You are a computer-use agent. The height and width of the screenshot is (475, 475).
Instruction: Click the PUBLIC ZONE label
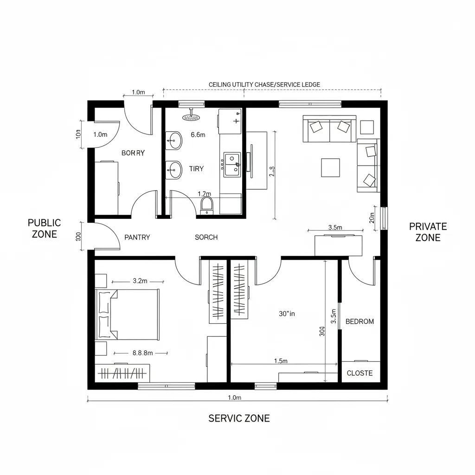coord(44,228)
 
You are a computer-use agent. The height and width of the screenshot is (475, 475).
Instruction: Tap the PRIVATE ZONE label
coord(428,232)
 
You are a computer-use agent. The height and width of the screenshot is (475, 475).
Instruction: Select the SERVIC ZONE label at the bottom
coord(239,418)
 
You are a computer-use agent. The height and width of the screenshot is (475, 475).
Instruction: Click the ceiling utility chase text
coord(264,84)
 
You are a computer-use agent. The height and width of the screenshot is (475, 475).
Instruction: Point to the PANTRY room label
coord(137,237)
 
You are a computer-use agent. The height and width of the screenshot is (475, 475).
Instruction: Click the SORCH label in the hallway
coord(206,237)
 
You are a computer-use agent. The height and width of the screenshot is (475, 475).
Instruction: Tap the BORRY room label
coord(133,153)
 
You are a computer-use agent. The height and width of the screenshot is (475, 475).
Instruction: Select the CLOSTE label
coord(359,373)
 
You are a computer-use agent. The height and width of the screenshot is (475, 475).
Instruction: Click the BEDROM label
coord(359,321)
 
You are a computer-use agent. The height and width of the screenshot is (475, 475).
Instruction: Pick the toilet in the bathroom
coord(207,205)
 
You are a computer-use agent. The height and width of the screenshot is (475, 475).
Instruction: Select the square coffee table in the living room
coord(330,167)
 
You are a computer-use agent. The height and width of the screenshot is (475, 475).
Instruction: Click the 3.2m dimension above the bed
coord(140,281)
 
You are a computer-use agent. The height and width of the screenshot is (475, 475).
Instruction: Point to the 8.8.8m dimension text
coord(142,353)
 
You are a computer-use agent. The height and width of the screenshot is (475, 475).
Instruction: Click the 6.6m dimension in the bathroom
coord(198,135)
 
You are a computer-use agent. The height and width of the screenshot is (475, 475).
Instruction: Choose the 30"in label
coord(287,314)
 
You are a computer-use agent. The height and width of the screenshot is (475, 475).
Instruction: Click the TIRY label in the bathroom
coord(196,169)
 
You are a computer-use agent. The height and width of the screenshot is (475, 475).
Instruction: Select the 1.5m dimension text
coord(281,361)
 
